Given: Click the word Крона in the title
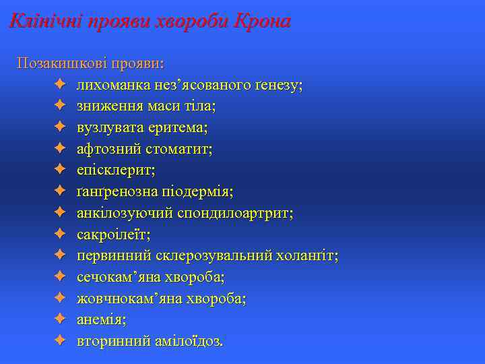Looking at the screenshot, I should pyautogui.click(x=261, y=22).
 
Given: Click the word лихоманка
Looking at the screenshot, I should pyautogui.click(x=112, y=85).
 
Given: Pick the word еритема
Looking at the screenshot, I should pyautogui.click(x=179, y=127).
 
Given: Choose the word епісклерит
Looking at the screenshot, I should pyautogui.click(x=115, y=171).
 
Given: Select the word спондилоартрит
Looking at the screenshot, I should pyautogui.click(x=236, y=213).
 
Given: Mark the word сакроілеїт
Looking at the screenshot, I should pyautogui.click(x=114, y=235).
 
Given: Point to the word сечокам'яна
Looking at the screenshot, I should pyautogui.click(x=115, y=278).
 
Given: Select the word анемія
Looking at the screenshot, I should pyautogui.click(x=102, y=320).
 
